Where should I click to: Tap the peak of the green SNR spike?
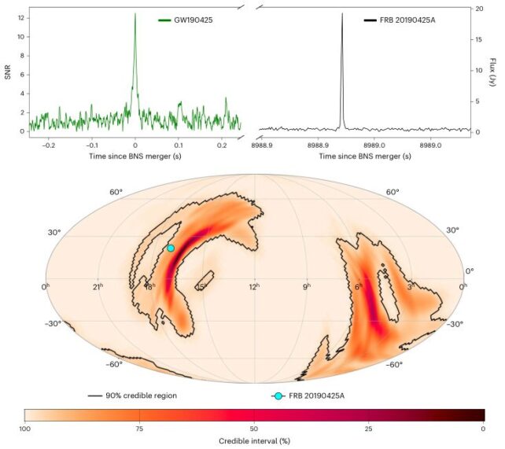coord(135,14)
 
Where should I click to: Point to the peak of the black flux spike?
coord(342,14)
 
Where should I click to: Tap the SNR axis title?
coord(9,72)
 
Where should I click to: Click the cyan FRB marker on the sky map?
coord(171,248)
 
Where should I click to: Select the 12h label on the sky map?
coord(254,286)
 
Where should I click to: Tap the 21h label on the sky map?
coord(100,286)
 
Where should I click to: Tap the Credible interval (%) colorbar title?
coord(254,442)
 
